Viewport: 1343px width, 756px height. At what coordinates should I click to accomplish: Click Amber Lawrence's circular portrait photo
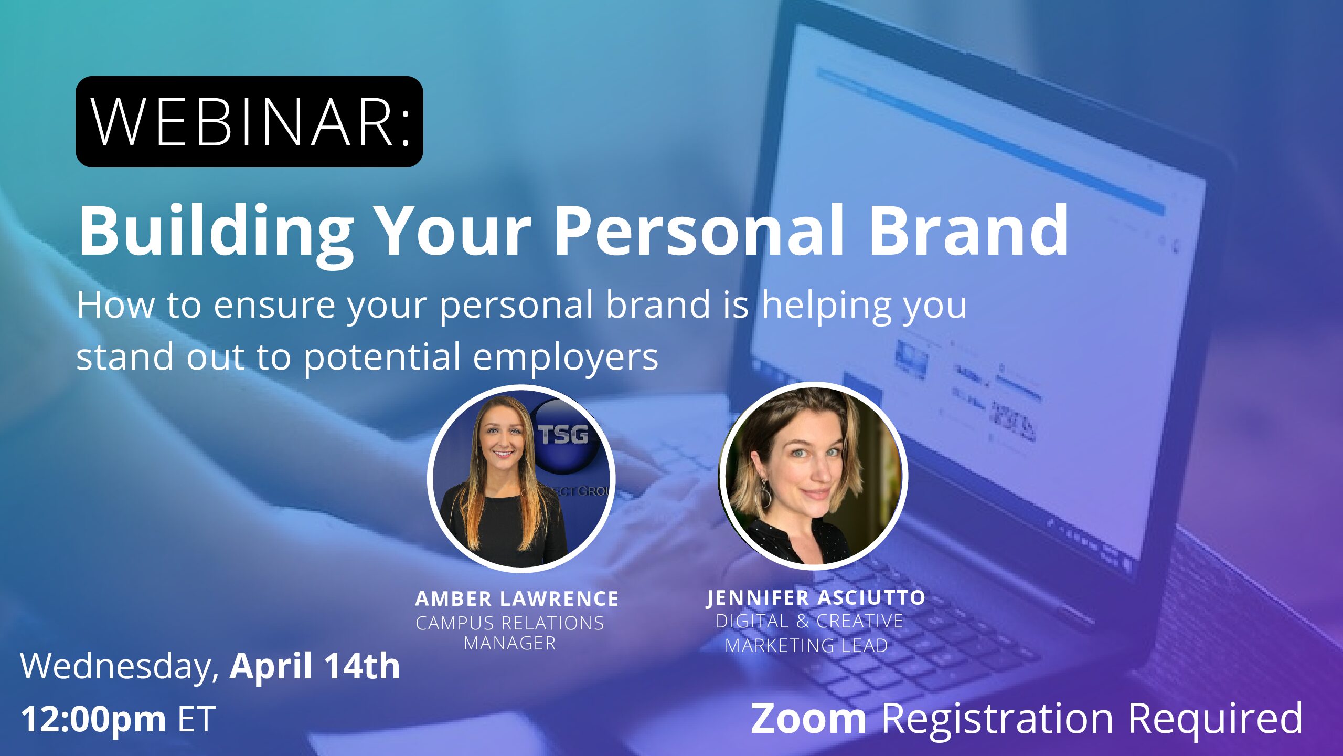coord(521,478)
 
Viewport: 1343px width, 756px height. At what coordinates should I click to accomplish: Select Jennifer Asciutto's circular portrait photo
coord(813,476)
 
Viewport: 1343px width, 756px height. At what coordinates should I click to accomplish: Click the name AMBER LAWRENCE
coord(517,598)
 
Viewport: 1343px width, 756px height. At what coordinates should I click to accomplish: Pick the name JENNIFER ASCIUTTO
coord(816,597)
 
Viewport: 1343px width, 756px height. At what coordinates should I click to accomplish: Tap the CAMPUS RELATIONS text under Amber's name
coord(510,623)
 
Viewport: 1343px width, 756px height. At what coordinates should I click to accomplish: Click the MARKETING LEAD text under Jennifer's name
coord(806,645)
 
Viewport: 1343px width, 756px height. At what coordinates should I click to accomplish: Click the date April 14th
coord(315,666)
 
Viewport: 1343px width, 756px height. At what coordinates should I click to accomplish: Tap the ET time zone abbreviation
coord(197,719)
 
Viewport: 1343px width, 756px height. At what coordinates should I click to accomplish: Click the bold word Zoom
coord(808,718)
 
